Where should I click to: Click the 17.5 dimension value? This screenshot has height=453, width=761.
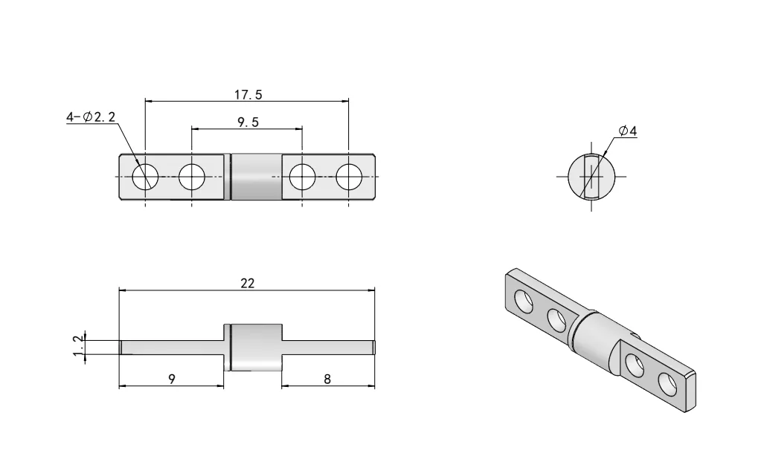click(x=248, y=94)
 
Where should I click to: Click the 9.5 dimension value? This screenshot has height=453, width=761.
click(x=248, y=123)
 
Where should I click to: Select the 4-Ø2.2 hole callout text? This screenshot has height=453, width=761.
click(x=90, y=117)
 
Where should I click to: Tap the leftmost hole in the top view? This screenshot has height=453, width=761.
click(x=145, y=177)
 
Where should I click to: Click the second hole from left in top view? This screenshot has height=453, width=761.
click(x=192, y=177)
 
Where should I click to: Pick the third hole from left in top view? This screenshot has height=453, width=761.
click(x=302, y=177)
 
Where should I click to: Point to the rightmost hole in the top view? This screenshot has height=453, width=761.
click(x=349, y=177)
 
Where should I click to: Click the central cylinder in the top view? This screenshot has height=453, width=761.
click(x=254, y=177)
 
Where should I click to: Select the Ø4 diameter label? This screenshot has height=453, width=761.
click(x=627, y=131)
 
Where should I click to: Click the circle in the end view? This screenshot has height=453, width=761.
click(x=591, y=177)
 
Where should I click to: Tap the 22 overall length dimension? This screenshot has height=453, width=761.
click(x=248, y=284)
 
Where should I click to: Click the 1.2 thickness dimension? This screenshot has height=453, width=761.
click(x=77, y=346)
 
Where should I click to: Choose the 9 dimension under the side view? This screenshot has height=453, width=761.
click(x=172, y=379)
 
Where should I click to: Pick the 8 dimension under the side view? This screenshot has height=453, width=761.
click(x=328, y=379)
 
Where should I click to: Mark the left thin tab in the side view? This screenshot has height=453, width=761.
click(x=171, y=346)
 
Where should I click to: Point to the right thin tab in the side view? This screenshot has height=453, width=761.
click(x=327, y=346)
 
